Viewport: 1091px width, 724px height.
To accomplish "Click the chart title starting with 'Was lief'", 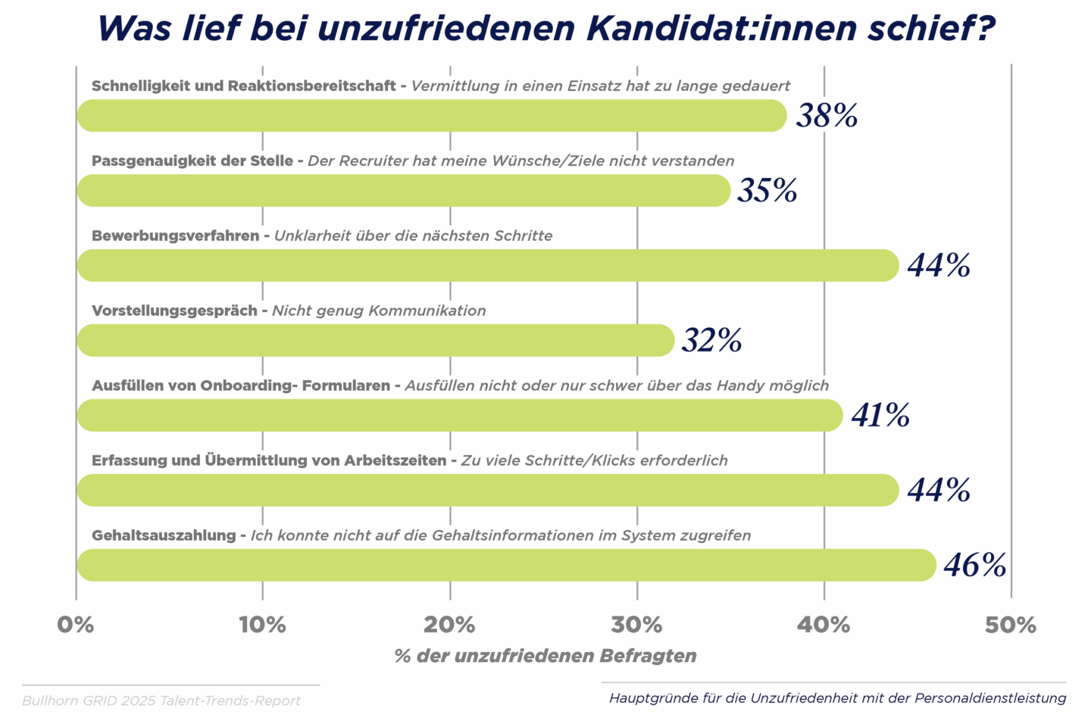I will pyautogui.click(x=545, y=28).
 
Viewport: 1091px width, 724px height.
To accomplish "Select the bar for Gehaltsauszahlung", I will pyautogui.click(x=506, y=565).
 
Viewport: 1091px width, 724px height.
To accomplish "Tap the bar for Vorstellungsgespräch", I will pyautogui.click(x=375, y=340).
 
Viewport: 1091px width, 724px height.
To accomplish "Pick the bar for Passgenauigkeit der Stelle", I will pyautogui.click(x=403, y=190).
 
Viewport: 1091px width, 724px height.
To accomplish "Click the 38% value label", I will pyautogui.click(x=827, y=116).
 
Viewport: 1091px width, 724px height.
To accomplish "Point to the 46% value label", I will pyautogui.click(x=974, y=565).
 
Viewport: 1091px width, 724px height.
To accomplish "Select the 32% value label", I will pyautogui.click(x=711, y=340).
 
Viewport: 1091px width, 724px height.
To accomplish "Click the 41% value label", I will pyautogui.click(x=880, y=415).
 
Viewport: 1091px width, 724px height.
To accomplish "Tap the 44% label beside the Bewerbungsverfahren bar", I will pyautogui.click(x=939, y=265).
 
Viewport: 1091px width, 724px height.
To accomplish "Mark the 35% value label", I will pyautogui.click(x=767, y=190).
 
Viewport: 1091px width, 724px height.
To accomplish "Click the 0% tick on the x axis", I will pyautogui.click(x=76, y=625).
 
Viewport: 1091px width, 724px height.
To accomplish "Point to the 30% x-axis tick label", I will pyautogui.click(x=636, y=625).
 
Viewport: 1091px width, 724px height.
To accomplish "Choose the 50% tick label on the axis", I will pyautogui.click(x=1011, y=625).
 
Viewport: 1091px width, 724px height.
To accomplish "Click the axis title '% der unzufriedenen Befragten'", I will pyautogui.click(x=545, y=656).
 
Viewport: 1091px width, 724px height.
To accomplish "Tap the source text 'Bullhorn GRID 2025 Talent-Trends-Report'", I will pyautogui.click(x=161, y=701).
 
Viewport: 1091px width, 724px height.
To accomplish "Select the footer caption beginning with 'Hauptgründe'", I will pyautogui.click(x=837, y=697).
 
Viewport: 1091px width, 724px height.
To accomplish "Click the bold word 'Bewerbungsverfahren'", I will pyautogui.click(x=175, y=236).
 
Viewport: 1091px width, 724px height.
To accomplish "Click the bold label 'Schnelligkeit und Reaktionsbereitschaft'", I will pyautogui.click(x=243, y=86).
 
